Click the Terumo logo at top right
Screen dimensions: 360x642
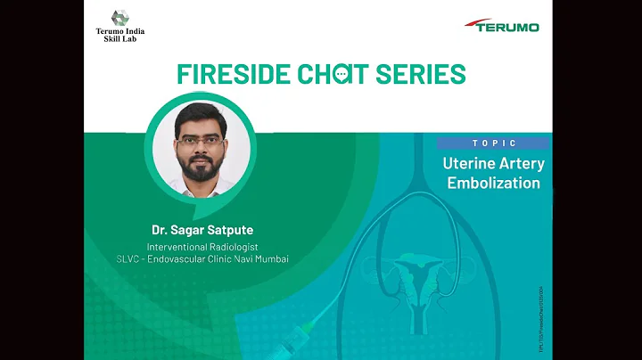click(502, 25)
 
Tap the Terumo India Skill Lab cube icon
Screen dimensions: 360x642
click(119, 17)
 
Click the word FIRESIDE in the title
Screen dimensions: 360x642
click(235, 72)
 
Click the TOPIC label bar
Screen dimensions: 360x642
click(493, 143)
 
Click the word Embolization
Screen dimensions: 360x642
click(493, 184)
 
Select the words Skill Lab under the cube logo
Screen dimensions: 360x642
click(120, 40)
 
